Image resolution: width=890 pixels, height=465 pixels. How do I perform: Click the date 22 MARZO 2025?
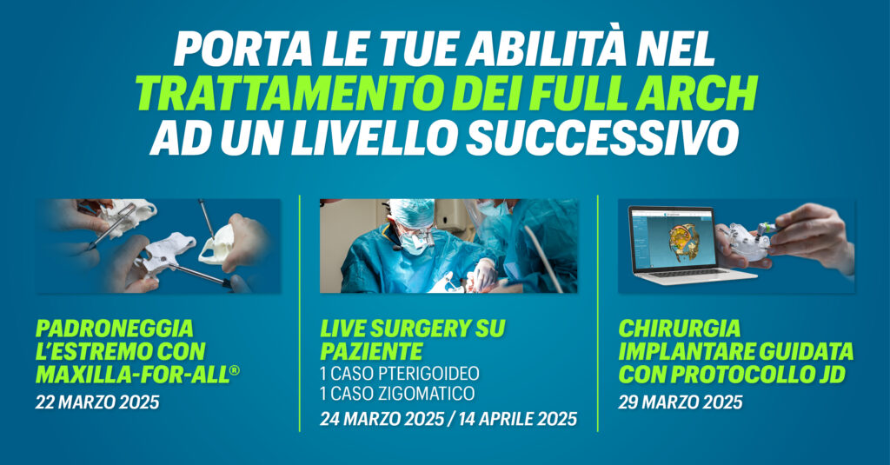click(x=97, y=402)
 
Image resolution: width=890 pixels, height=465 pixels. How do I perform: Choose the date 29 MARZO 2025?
click(x=680, y=402)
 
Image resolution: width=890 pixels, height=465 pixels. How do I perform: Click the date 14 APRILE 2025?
click(x=518, y=420)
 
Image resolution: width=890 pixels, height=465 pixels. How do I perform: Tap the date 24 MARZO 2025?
click(x=382, y=420)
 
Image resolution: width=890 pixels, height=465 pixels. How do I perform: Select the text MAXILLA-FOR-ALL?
click(x=132, y=375)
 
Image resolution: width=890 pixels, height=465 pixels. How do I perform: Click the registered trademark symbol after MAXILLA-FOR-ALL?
click(x=235, y=371)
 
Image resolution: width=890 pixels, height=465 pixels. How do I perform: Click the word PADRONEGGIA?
click(x=114, y=329)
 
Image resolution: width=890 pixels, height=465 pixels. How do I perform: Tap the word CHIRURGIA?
click(x=680, y=329)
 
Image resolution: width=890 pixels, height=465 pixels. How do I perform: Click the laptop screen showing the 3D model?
click(x=673, y=238)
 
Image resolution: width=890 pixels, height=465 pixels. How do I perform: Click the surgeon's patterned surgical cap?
click(x=412, y=212)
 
